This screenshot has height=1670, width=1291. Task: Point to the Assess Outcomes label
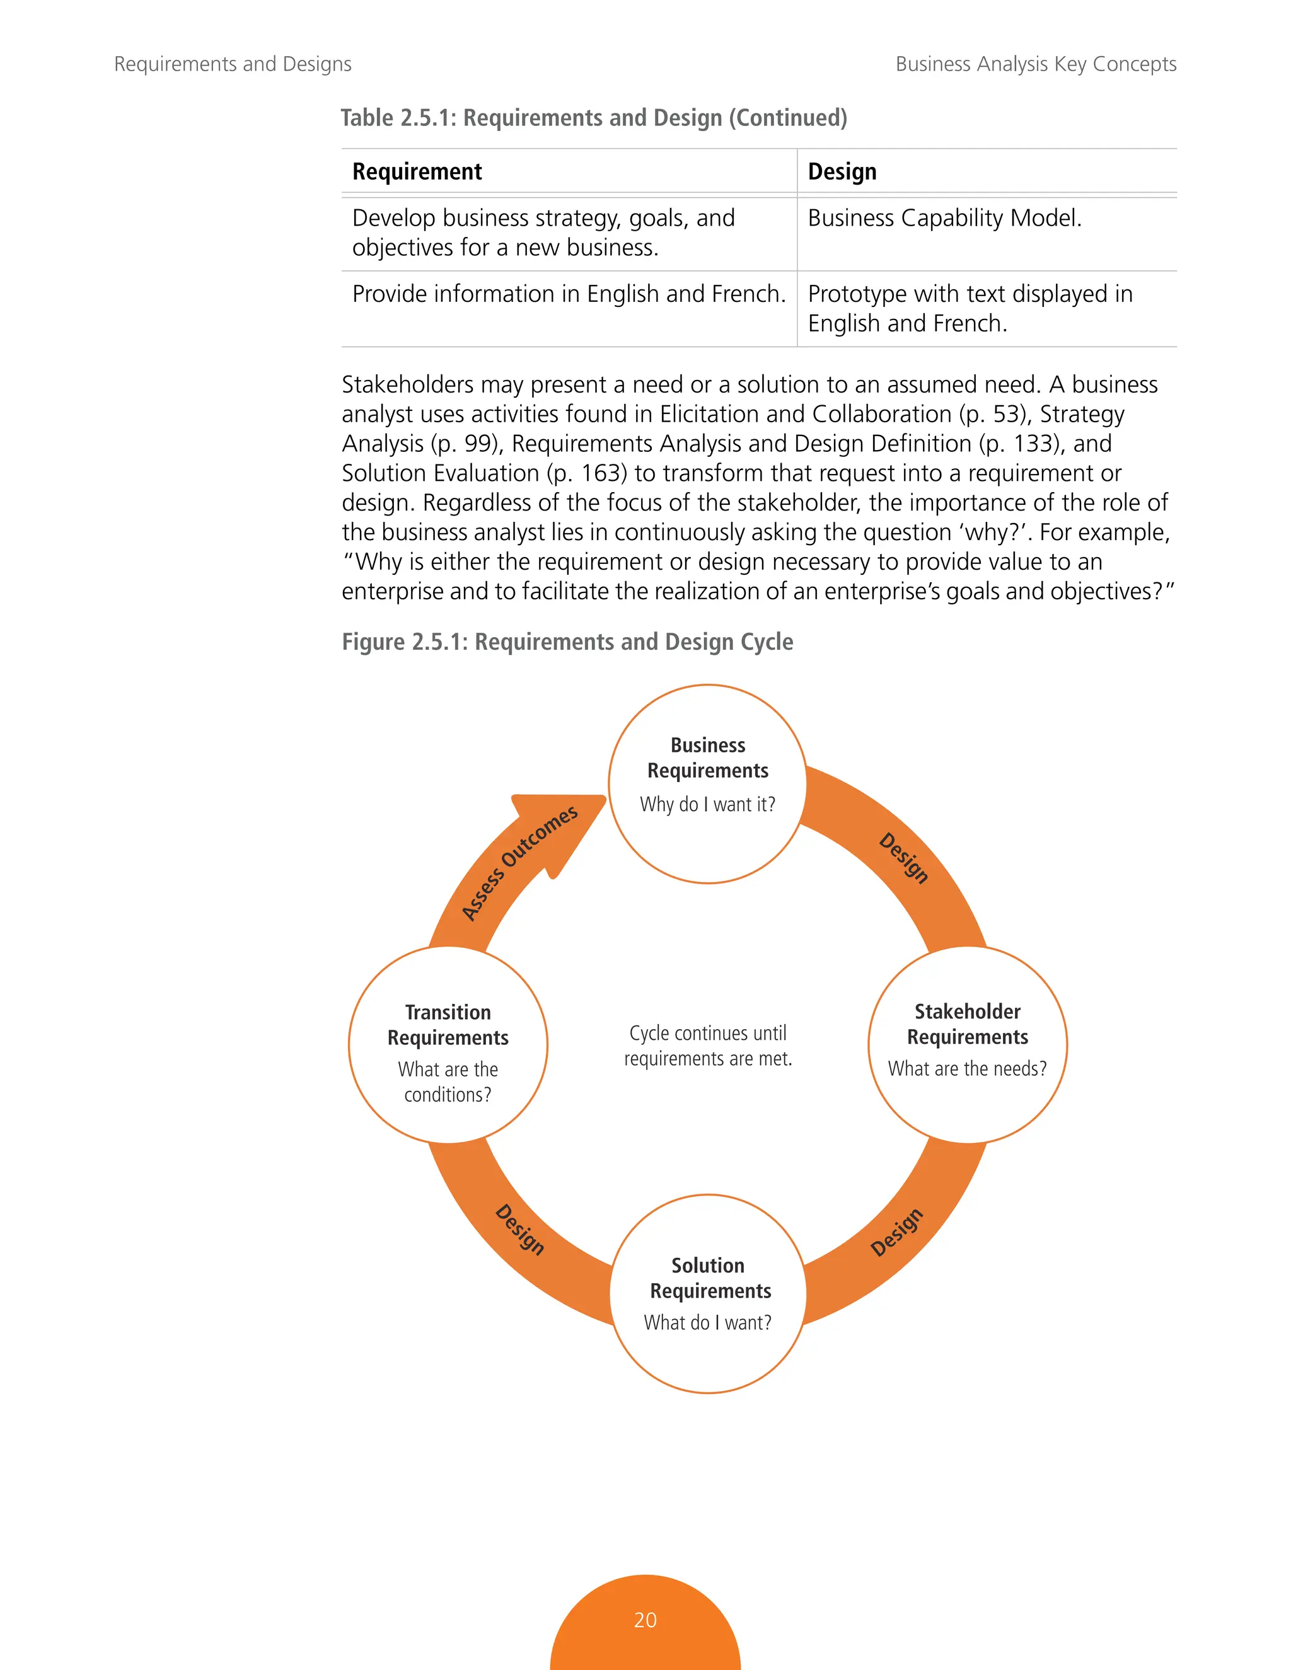pyautogui.click(x=519, y=863)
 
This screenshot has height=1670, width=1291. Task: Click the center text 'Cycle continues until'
pyautogui.click(x=707, y=1033)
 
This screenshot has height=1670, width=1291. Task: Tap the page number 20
pyautogui.click(x=645, y=1620)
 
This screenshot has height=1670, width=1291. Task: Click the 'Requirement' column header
pyautogui.click(x=417, y=171)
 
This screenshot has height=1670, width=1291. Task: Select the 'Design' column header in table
pyautogui.click(x=842, y=171)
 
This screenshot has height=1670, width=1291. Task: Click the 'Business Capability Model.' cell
pyautogui.click(x=944, y=218)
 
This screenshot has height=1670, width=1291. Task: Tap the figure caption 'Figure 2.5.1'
pyautogui.click(x=567, y=642)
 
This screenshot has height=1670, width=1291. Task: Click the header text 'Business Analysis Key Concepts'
pyautogui.click(x=1036, y=64)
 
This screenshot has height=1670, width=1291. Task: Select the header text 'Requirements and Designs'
pyautogui.click(x=233, y=64)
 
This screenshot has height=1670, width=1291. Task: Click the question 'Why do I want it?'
pyautogui.click(x=707, y=804)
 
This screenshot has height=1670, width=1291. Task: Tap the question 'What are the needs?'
pyautogui.click(x=967, y=1068)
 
